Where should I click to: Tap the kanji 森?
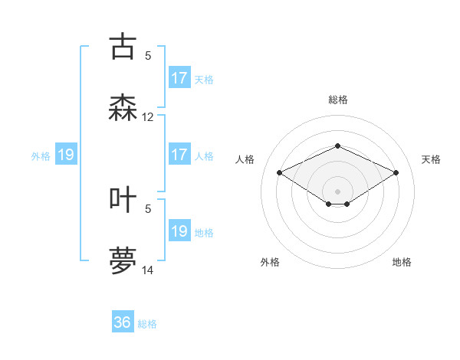(x=123, y=108)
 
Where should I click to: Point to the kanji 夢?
(x=123, y=261)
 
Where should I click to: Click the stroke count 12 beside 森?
(x=148, y=117)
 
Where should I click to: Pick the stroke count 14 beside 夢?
(x=148, y=270)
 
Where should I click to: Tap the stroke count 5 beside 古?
(x=148, y=55)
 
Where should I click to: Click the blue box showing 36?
(x=123, y=322)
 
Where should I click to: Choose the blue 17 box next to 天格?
(x=179, y=78)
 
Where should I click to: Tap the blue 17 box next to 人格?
(x=179, y=155)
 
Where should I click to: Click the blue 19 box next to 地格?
(x=179, y=231)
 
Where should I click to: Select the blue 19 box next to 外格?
(x=66, y=155)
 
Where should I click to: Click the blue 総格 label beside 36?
(x=148, y=324)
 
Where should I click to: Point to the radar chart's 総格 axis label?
(x=337, y=100)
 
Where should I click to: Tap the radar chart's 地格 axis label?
(x=402, y=262)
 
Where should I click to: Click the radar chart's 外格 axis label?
(x=270, y=262)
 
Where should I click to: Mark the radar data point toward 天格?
(x=396, y=172)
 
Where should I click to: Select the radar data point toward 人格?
(x=279, y=172)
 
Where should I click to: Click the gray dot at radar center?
(x=337, y=191)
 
